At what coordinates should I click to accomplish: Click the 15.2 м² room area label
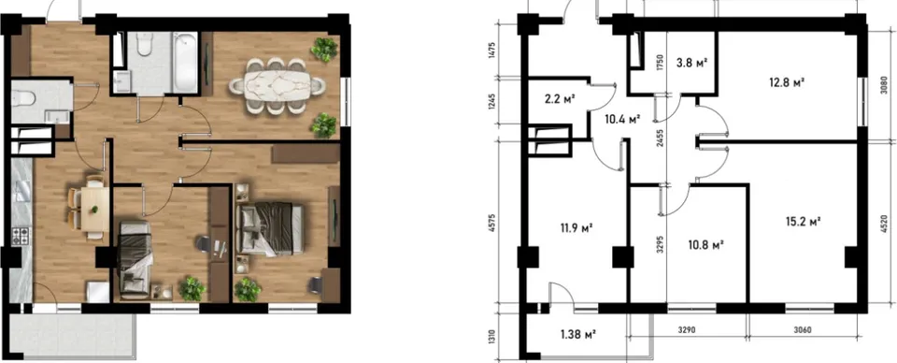pyautogui.click(x=804, y=221)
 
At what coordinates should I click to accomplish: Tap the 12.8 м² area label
pyautogui.click(x=787, y=82)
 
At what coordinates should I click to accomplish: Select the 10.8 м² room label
pyautogui.click(x=707, y=244)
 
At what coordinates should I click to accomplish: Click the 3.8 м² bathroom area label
pyautogui.click(x=692, y=63)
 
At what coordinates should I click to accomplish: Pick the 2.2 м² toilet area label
pyautogui.click(x=560, y=98)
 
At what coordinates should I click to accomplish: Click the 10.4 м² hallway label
pyautogui.click(x=622, y=120)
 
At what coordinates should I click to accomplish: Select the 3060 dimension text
pyautogui.click(x=804, y=330)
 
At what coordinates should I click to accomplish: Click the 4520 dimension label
pyautogui.click(x=885, y=222)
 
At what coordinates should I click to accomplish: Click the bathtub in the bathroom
pyautogui.click(x=185, y=62)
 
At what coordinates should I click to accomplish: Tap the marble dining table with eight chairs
pyautogui.click(x=277, y=86)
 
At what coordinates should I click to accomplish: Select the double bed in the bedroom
pyautogui.click(x=269, y=229)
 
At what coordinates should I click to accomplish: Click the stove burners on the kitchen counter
pyautogui.click(x=21, y=236)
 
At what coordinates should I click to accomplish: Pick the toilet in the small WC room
pyautogui.click(x=23, y=99)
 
